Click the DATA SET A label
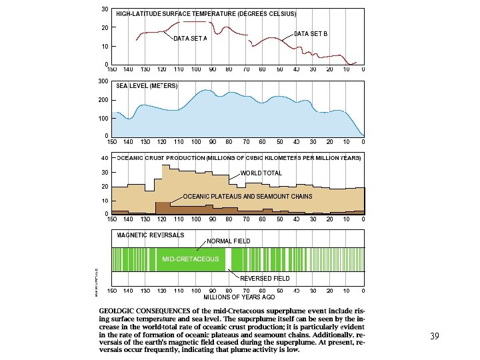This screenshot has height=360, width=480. (x=190, y=39)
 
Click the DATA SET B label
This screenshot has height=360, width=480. (x=311, y=33)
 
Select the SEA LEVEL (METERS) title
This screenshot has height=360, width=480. (x=147, y=86)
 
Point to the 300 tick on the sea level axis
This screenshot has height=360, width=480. (x=103, y=81)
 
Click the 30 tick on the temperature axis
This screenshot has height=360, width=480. (x=105, y=9)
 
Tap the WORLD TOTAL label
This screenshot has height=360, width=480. (x=261, y=173)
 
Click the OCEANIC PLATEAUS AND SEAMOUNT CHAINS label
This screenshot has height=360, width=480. (x=247, y=197)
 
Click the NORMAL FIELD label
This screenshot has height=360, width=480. (x=229, y=241)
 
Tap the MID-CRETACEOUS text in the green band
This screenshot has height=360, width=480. (x=191, y=259)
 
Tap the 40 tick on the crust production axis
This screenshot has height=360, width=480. (x=105, y=158)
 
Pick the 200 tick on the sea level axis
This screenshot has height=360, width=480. (x=103, y=99)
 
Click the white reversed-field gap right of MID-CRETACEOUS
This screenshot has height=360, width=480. (x=229, y=259)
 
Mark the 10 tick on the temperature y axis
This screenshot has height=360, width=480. (x=105, y=47)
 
